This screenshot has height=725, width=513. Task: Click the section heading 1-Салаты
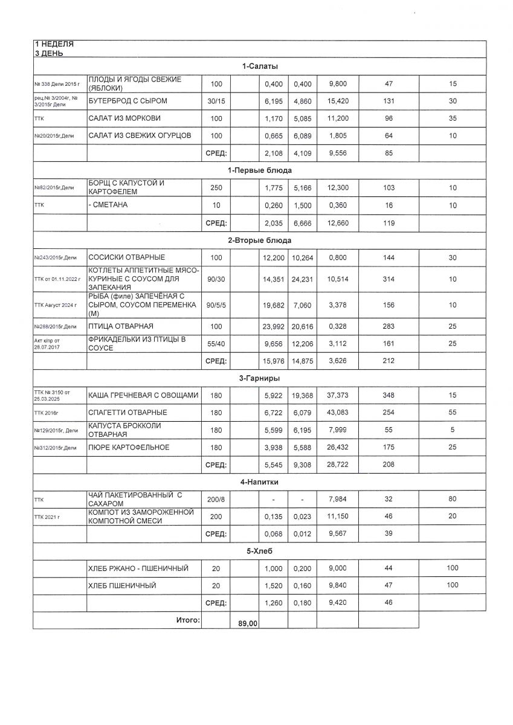tap(259, 66)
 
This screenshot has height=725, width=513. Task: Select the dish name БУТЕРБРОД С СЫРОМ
tap(127, 101)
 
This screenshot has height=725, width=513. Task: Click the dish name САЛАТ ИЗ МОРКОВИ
tap(124, 118)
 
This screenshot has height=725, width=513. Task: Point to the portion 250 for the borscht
tap(216, 188)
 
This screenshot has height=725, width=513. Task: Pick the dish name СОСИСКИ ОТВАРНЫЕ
tap(126, 258)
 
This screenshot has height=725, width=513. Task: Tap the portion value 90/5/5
tap(216, 306)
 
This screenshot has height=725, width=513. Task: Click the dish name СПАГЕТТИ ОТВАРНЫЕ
tap(127, 413)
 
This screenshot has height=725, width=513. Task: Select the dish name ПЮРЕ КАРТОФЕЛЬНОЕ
tap(129, 448)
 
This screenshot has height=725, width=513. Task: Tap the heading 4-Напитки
tap(259, 483)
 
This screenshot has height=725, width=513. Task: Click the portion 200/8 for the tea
tap(216, 500)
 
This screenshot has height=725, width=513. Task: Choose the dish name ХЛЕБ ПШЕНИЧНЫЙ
tap(122, 585)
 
